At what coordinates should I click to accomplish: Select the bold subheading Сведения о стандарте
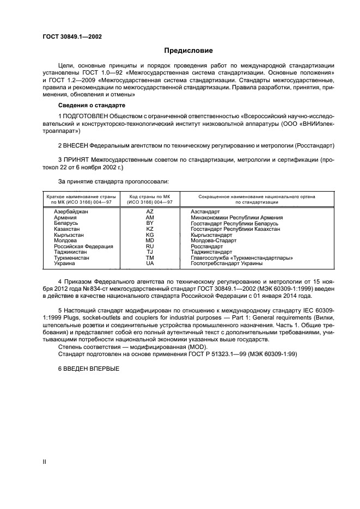point(91,105)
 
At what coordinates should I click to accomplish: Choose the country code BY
point(150,223)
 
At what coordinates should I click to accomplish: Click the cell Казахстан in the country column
point(68,229)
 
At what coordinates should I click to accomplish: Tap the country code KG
point(150,235)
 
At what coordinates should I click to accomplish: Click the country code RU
point(150,246)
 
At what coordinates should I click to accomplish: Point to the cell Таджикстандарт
point(211,252)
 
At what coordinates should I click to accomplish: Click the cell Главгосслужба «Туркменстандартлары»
point(242,258)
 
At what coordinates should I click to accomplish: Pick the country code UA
point(150,263)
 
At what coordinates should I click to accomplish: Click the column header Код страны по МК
point(149,195)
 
